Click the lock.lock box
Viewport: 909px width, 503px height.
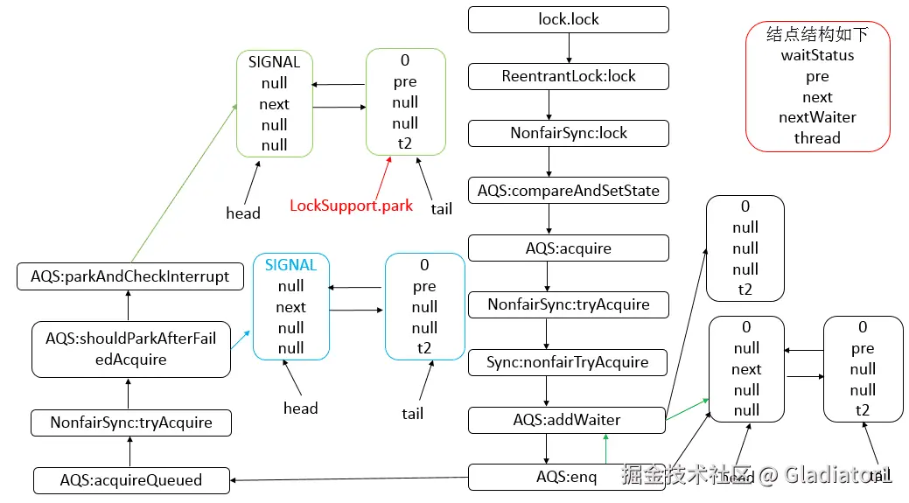(569, 19)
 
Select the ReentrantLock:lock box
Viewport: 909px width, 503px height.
(569, 76)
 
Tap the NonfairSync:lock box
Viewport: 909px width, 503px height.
(569, 133)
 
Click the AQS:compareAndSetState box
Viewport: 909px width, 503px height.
(569, 190)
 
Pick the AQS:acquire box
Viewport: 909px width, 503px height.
(569, 248)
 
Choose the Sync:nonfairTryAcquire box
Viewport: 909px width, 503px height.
(569, 362)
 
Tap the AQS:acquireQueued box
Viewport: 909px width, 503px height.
(131, 480)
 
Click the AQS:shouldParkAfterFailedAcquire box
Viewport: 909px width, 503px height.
(131, 349)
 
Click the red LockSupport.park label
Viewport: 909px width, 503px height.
(352, 206)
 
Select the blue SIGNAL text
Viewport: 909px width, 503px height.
(290, 264)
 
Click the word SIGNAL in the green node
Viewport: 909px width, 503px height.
(274, 62)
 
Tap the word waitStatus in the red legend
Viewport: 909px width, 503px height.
(817, 55)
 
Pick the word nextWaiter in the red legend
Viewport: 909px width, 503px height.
(817, 117)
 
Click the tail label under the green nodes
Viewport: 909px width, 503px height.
(442, 209)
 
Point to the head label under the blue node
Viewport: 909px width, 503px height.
(301, 409)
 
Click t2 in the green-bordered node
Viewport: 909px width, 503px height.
(405, 144)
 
